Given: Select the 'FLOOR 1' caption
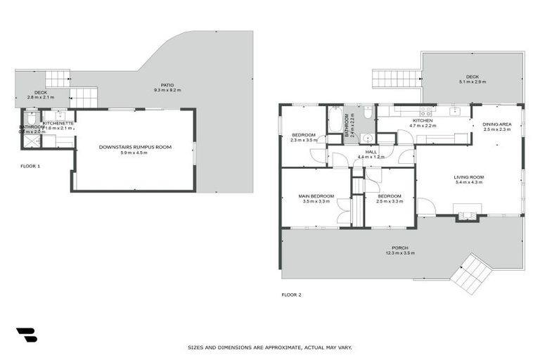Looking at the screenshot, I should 30,167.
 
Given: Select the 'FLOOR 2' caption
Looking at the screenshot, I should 291,295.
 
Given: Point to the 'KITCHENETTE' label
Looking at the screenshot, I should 58,123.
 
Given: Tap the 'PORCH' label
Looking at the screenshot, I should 400,247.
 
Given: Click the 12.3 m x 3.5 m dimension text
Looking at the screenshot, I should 400,253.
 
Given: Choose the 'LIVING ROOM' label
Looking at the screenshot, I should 468,177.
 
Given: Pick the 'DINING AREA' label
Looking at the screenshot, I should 496,124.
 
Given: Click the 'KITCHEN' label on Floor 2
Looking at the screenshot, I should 423,120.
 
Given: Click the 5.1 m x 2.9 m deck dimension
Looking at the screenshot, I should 472,83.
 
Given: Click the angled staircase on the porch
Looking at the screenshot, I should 468,274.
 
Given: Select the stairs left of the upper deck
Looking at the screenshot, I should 396,78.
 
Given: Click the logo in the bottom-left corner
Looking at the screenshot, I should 26,335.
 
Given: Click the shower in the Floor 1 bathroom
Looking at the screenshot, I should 31,140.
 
